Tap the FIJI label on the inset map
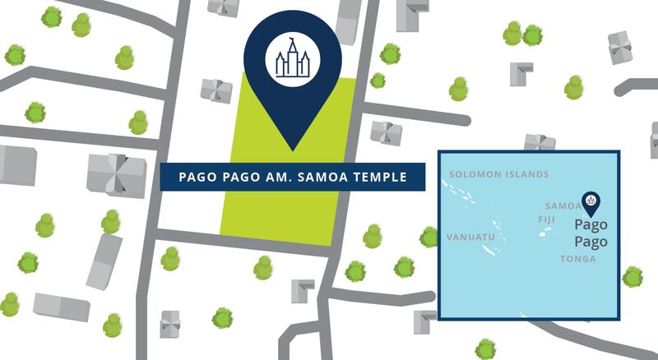547,219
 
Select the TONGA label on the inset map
577,259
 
